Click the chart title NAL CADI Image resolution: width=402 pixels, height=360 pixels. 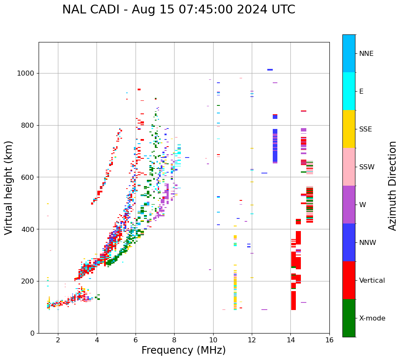tap(178, 10)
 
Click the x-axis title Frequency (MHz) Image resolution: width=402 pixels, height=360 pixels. tap(183, 350)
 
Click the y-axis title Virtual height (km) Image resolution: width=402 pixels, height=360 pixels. tap(9, 187)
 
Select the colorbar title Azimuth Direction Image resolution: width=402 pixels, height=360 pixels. tap(392, 186)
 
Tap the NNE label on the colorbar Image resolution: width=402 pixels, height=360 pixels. tap(366, 54)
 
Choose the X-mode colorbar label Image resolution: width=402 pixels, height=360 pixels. tap(372, 318)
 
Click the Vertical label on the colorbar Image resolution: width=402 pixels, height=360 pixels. tap(372, 281)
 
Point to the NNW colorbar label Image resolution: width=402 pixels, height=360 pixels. tap(367, 243)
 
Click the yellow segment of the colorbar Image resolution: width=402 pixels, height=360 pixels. tap(349, 129)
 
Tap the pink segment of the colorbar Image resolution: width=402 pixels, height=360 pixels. tap(349, 167)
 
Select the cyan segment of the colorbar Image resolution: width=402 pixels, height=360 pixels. tap(349, 91)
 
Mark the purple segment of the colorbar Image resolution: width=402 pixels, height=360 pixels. tap(349, 205)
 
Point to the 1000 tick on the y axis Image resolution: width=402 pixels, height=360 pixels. tap(28, 74)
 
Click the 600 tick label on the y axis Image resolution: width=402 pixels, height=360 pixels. tap(30, 177)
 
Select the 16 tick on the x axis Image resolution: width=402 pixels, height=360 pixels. tap(329, 340)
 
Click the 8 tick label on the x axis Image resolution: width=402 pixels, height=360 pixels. tap(174, 340)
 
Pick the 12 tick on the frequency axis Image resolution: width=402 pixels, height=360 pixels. tap(252, 340)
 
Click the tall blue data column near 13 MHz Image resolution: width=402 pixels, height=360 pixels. tap(275, 146)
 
